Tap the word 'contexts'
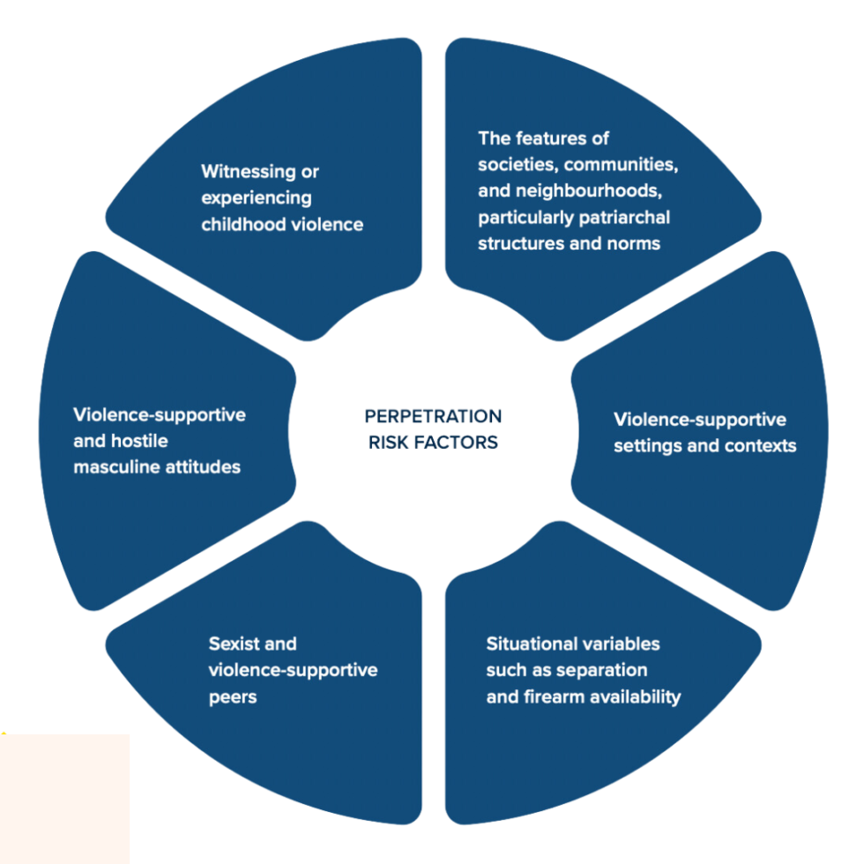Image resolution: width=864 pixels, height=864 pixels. (x=760, y=445)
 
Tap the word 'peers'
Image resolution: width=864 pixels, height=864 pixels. (x=233, y=696)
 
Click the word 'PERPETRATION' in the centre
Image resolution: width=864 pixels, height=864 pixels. (x=433, y=416)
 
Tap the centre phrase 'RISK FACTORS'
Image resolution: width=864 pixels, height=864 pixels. (x=433, y=442)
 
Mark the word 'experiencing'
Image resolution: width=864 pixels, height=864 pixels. (x=256, y=197)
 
